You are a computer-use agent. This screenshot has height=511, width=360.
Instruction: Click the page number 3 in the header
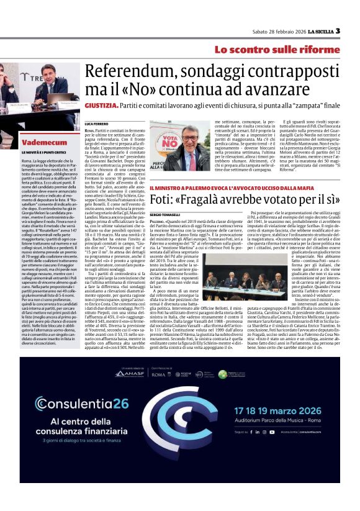point(338,31)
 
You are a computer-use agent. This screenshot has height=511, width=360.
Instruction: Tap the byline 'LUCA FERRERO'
point(96,124)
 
